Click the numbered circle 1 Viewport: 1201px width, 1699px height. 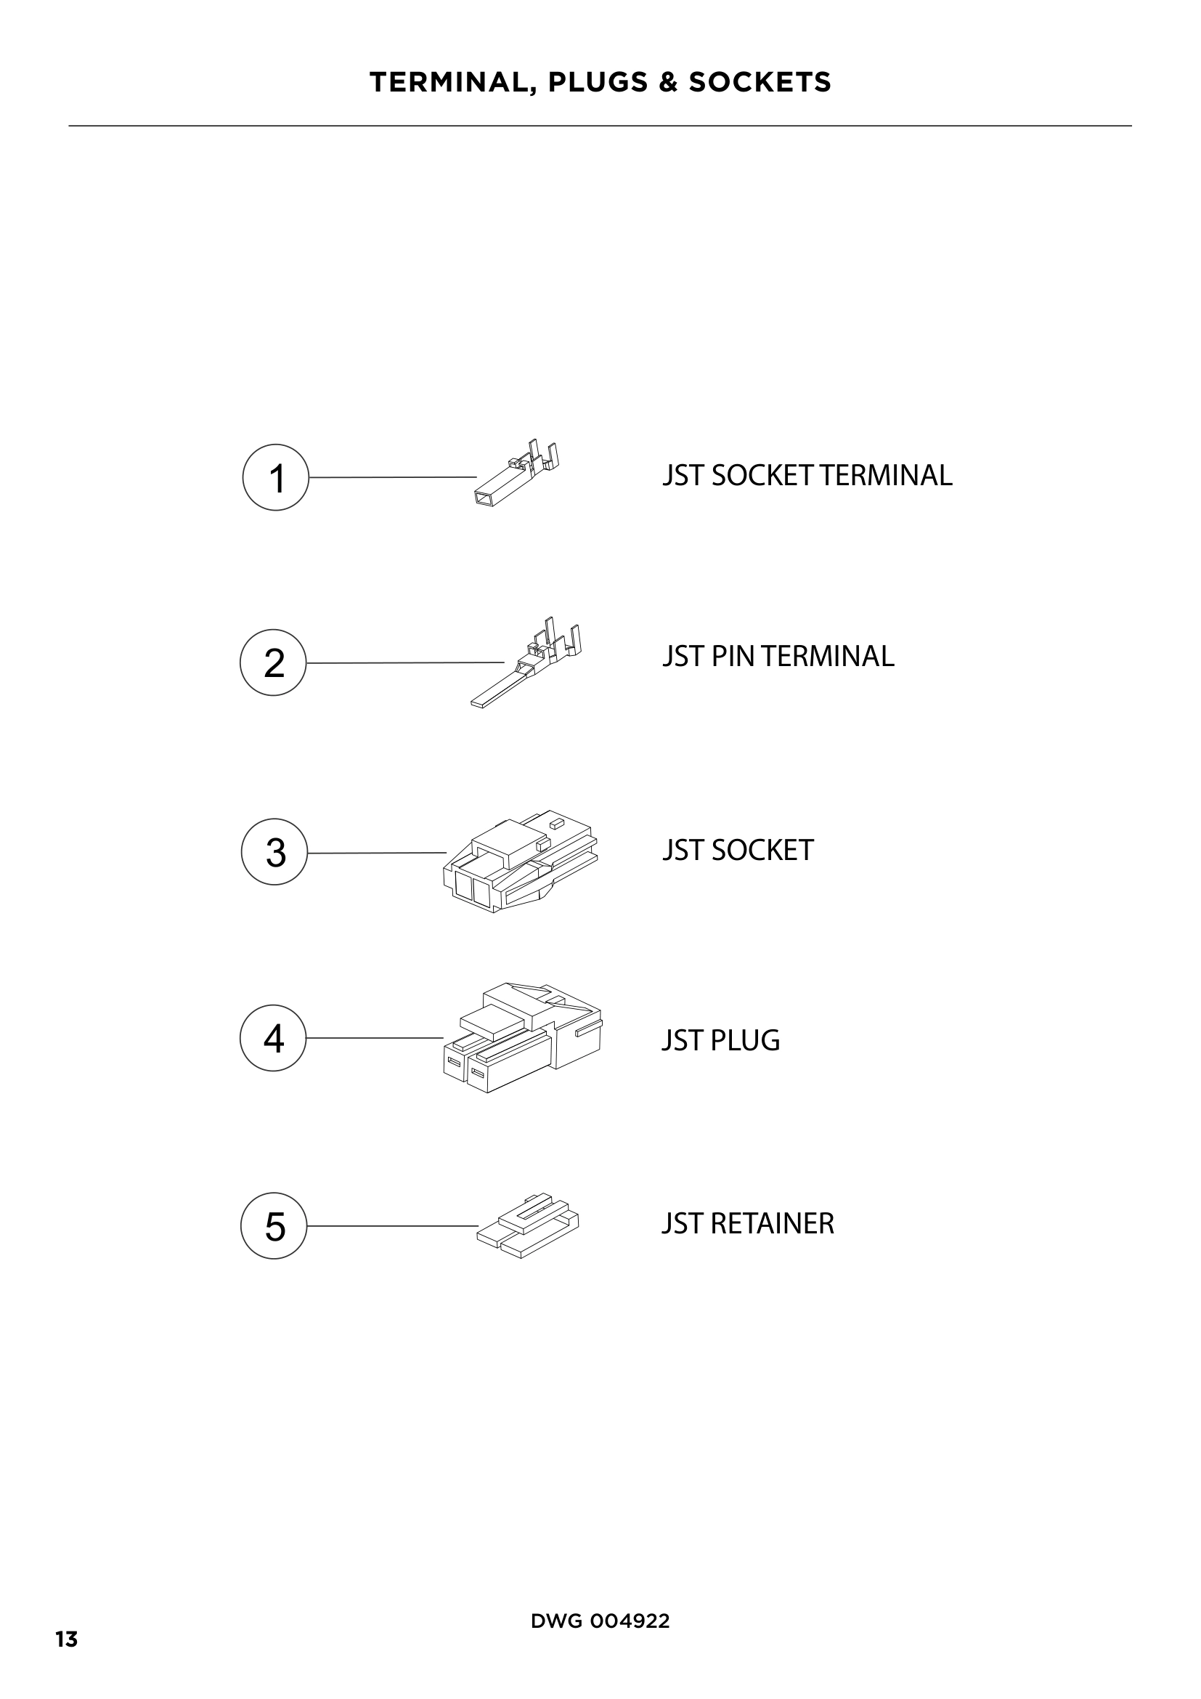click(x=275, y=477)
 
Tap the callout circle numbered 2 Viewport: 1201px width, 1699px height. click(x=273, y=662)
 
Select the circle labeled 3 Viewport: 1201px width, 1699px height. click(x=274, y=852)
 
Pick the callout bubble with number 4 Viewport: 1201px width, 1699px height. click(x=273, y=1037)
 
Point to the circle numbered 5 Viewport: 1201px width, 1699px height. click(x=274, y=1225)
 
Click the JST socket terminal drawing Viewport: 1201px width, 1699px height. click(x=516, y=475)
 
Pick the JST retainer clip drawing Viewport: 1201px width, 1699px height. click(x=528, y=1227)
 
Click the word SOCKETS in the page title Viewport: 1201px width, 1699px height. click(x=760, y=82)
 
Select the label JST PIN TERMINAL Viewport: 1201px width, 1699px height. click(x=778, y=657)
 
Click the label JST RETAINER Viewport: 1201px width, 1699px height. click(x=748, y=1224)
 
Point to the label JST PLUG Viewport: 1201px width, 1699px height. click(x=721, y=1040)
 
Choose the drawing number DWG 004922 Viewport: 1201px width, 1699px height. click(x=600, y=1621)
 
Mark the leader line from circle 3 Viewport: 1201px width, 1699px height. click(x=376, y=853)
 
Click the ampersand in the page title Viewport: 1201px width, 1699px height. click(x=668, y=82)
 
